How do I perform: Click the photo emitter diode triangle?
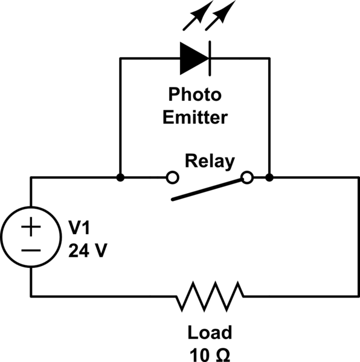click(x=193, y=58)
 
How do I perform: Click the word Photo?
click(x=194, y=95)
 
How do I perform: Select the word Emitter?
click(x=194, y=116)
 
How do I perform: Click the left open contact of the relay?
click(x=172, y=177)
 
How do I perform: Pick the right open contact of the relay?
click(x=246, y=177)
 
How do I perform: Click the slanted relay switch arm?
click(x=209, y=189)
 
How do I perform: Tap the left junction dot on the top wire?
click(x=121, y=177)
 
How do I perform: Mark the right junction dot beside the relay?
click(x=269, y=177)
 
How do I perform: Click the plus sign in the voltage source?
click(x=31, y=228)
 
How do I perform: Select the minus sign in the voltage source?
click(x=31, y=249)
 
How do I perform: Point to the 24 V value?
click(x=88, y=249)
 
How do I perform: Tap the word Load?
click(x=209, y=332)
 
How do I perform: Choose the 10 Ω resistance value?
click(x=209, y=353)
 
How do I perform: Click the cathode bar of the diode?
click(x=210, y=58)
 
